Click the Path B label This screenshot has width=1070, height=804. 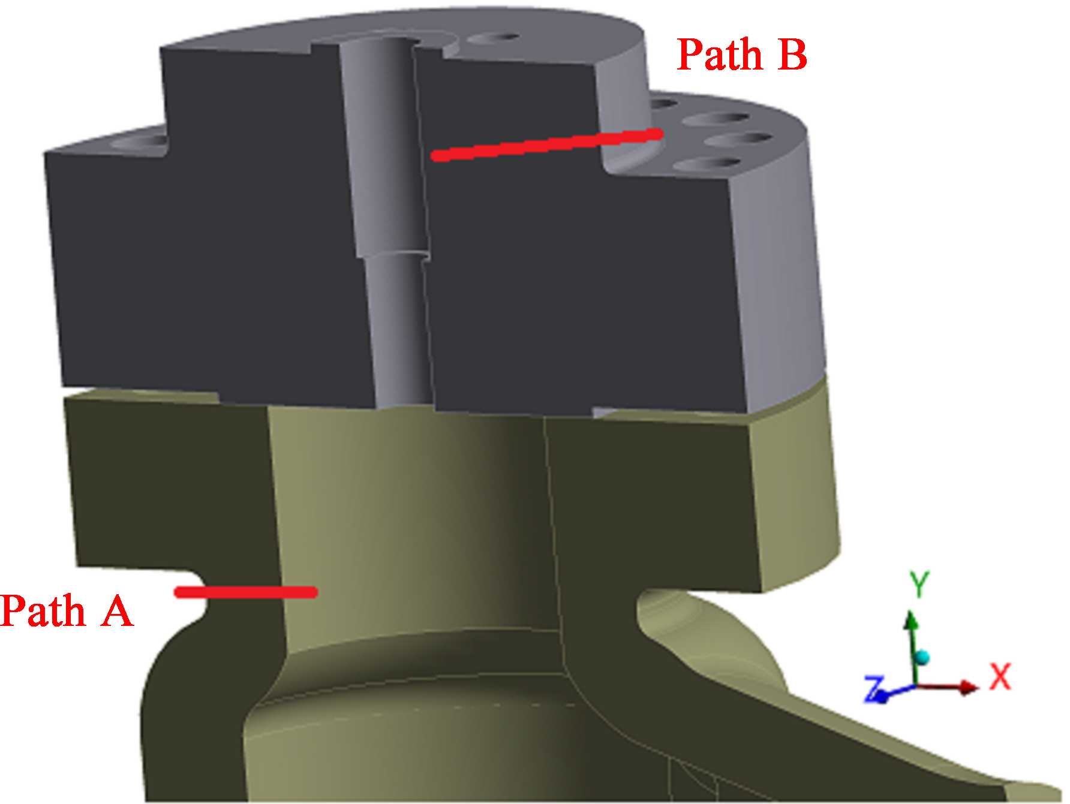tap(742, 55)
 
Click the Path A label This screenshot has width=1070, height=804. tap(66, 611)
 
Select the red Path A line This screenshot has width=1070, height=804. tap(246, 592)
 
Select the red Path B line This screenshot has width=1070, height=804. tap(546, 144)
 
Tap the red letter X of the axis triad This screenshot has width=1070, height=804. tap(1000, 677)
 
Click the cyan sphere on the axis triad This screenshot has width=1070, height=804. tap(922, 658)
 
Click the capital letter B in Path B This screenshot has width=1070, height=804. tap(792, 55)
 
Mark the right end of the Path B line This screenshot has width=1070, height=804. tap(658, 134)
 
